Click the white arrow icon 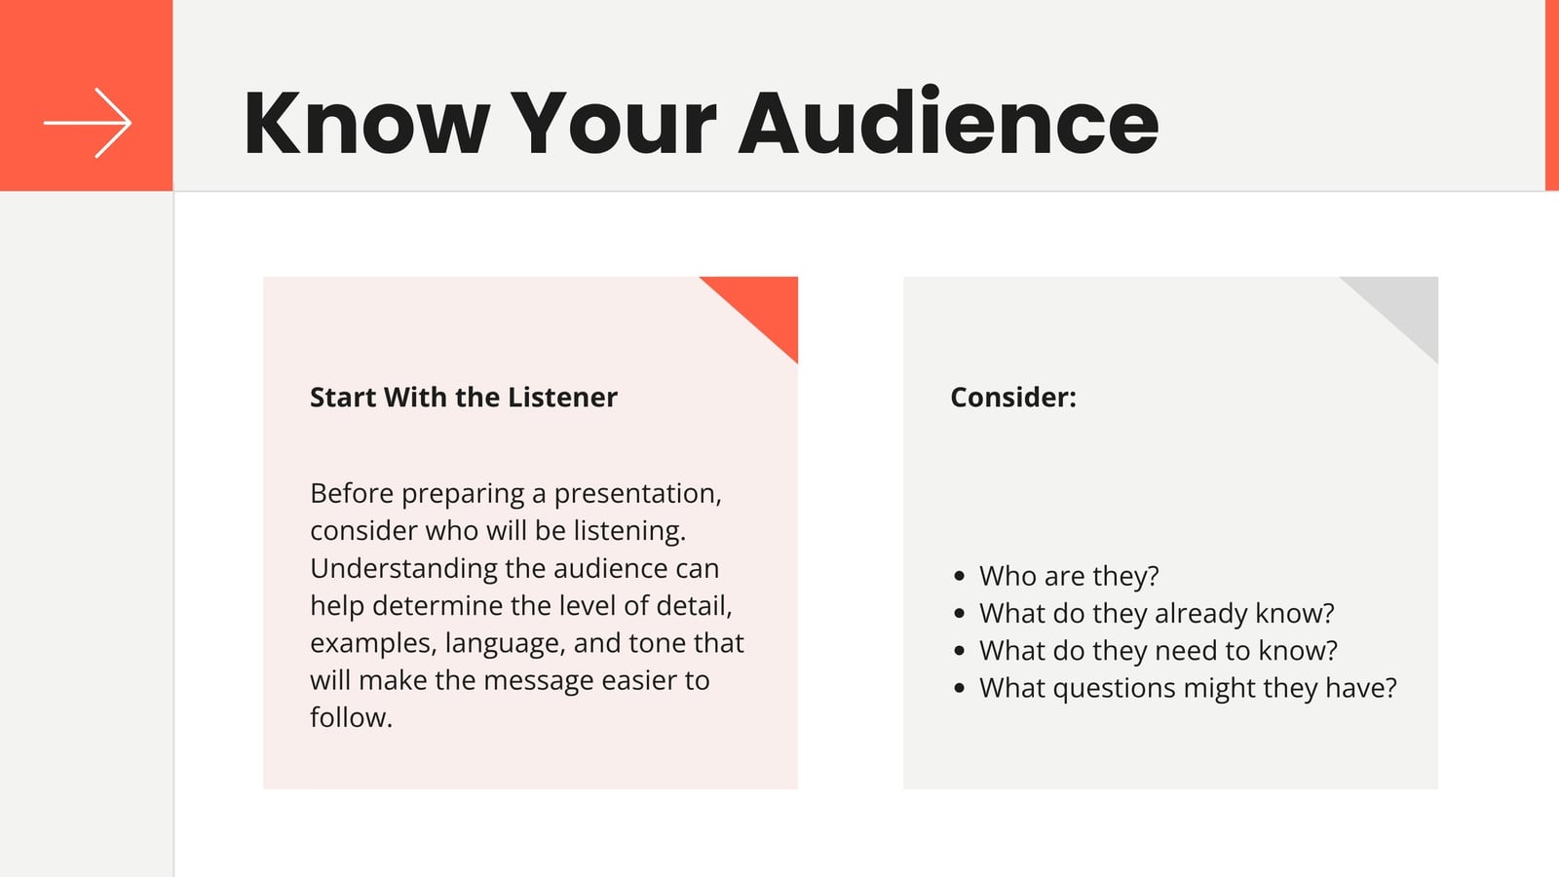[x=88, y=123]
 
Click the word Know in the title [x=367, y=123]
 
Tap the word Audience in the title [x=949, y=121]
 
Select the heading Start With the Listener [x=464, y=398]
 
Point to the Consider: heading [x=1013, y=398]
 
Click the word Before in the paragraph [x=352, y=493]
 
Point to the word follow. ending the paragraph [x=352, y=717]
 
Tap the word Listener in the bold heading [x=562, y=398]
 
